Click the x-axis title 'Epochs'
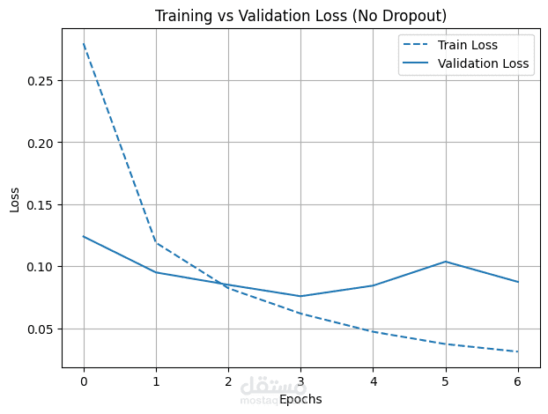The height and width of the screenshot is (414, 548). pos(300,399)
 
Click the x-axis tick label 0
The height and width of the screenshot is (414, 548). pos(84,381)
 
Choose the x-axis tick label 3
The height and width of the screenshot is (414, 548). pos(300,381)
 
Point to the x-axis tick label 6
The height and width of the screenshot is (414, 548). pos(517,381)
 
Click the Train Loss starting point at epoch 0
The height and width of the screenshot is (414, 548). pos(84,44)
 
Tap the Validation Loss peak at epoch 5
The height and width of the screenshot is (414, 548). pos(445,262)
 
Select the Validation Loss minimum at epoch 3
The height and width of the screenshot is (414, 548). pos(300,296)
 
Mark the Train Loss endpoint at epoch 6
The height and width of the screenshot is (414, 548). pos(517,351)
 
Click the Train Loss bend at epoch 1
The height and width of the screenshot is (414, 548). pos(156,242)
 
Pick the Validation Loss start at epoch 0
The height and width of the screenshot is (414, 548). pos(84,236)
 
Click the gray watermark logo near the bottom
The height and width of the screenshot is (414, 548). pos(262,388)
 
